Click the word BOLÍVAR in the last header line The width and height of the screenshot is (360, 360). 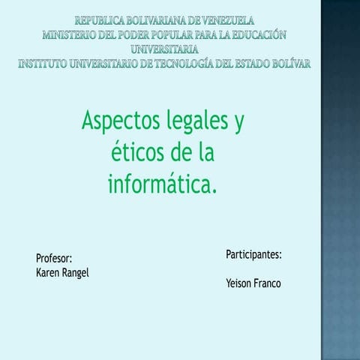coord(286,64)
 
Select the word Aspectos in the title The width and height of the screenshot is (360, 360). coord(118,121)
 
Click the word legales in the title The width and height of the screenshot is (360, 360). coord(197,121)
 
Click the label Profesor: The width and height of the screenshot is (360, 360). coord(54,259)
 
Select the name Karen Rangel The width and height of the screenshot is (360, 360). coord(62,273)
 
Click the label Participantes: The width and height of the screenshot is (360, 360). coord(253,255)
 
